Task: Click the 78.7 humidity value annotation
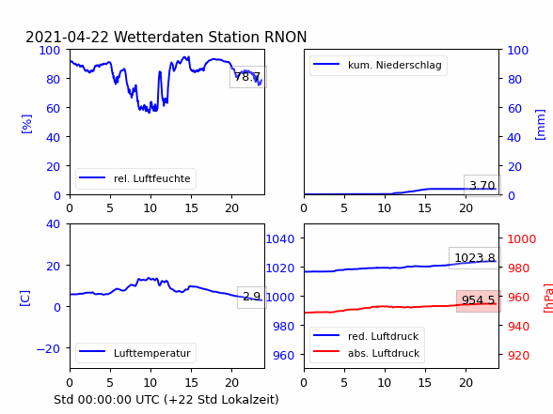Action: click(248, 77)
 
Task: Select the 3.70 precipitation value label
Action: click(482, 185)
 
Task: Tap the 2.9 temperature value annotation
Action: click(252, 297)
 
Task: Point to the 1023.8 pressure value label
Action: click(475, 257)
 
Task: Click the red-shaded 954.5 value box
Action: click(478, 300)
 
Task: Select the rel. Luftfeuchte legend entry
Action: click(135, 178)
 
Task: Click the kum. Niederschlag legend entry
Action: click(378, 65)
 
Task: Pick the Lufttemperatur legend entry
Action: click(135, 353)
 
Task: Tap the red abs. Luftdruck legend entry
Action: click(367, 353)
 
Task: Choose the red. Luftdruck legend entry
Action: click(366, 336)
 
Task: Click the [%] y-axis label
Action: click(26, 124)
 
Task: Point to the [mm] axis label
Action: click(540, 125)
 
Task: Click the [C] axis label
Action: click(25, 299)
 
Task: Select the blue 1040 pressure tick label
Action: click(280, 239)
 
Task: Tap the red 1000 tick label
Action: click(522, 239)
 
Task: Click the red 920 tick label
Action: click(518, 355)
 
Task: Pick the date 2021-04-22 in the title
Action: click(67, 37)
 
